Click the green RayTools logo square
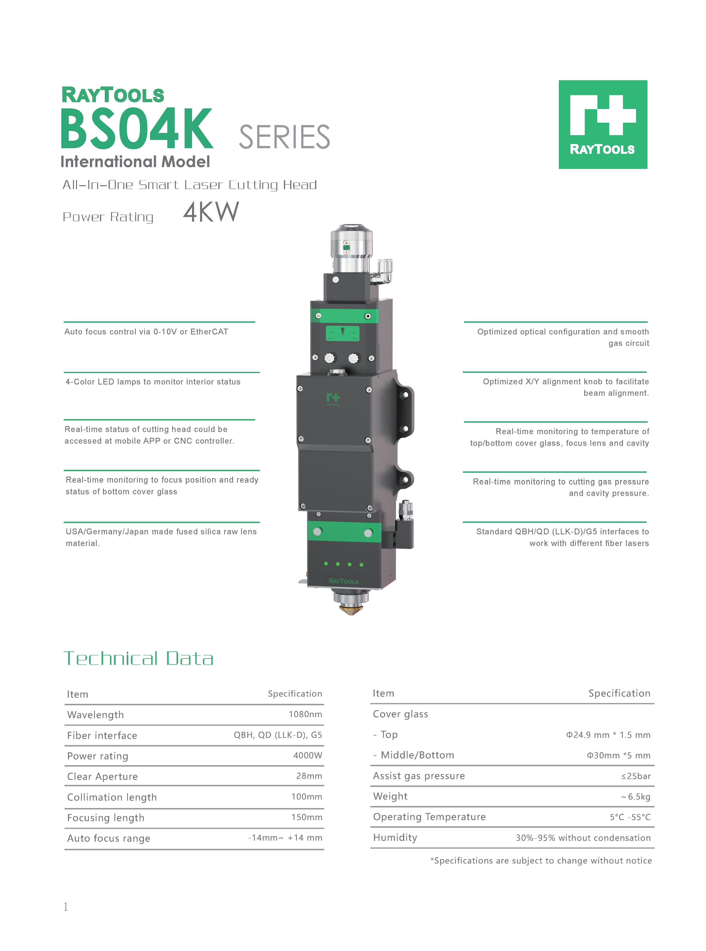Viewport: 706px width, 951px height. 603,124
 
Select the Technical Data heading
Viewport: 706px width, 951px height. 139,659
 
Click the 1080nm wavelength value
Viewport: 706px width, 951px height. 305,714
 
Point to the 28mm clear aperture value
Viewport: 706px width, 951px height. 309,776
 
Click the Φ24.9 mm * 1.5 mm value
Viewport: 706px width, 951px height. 608,735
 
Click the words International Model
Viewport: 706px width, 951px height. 135,161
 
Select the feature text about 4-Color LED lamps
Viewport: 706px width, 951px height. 153,382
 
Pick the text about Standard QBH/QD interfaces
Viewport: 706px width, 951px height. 562,537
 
